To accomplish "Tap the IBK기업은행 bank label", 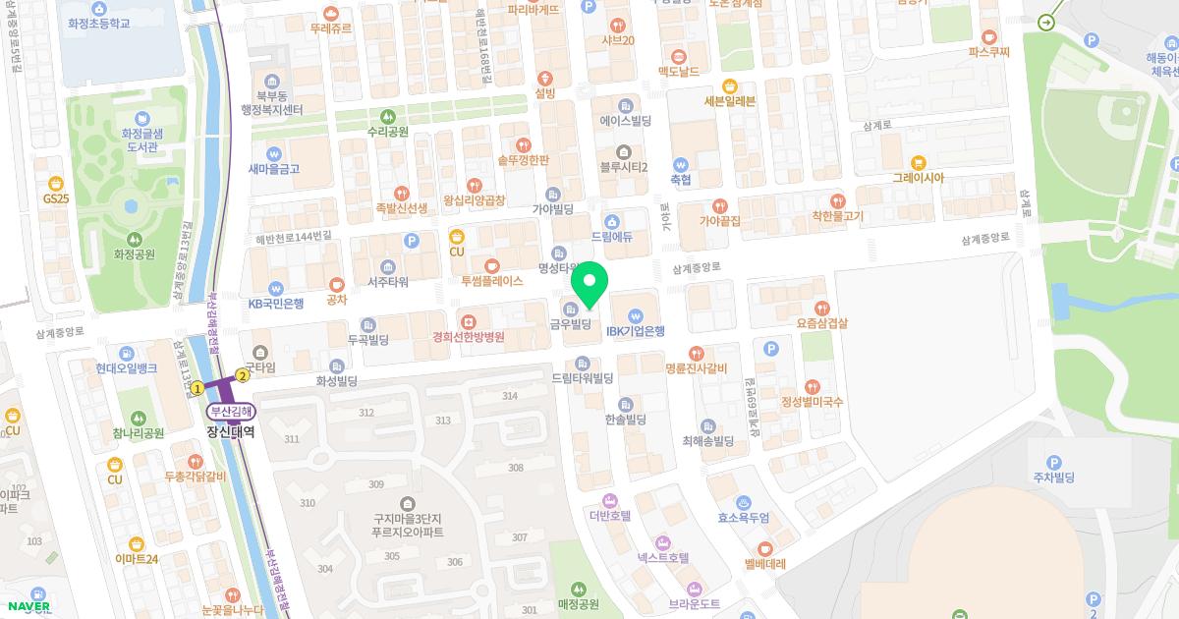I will [x=636, y=331].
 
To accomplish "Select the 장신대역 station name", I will [x=230, y=431].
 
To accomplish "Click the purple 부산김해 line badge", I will [x=230, y=413].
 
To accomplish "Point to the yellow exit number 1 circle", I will [x=196, y=388].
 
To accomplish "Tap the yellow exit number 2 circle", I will [x=242, y=373].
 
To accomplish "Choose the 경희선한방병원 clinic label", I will [x=469, y=337].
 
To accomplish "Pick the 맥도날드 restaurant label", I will [x=678, y=72].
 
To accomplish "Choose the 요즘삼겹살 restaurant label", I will [x=823, y=321].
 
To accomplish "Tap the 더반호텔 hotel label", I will [x=609, y=515].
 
